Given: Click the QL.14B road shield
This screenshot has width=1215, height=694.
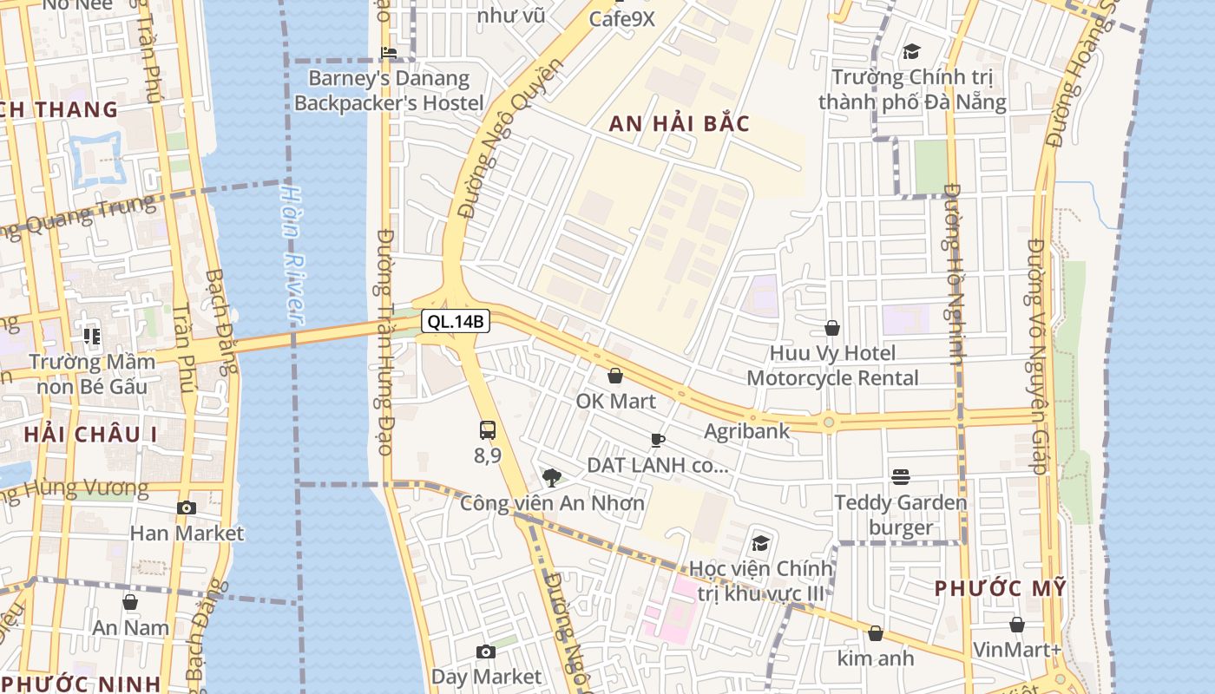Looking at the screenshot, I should click(x=456, y=322).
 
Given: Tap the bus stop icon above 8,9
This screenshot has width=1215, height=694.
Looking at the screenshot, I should click(x=487, y=429).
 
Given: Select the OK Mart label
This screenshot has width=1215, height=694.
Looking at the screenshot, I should click(x=616, y=401).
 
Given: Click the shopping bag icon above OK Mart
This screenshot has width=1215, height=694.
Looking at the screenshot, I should click(x=615, y=376).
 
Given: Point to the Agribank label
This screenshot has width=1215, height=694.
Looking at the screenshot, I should click(x=746, y=430).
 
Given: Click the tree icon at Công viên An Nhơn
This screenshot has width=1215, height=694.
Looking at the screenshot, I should click(x=551, y=477).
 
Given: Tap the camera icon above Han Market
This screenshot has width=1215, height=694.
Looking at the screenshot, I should click(x=186, y=508).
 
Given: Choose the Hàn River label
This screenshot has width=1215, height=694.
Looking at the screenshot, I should click(x=294, y=255).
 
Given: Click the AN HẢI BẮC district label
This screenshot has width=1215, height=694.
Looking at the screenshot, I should click(x=679, y=123).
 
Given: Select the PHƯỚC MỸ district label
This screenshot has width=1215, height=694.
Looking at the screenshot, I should click(x=999, y=588).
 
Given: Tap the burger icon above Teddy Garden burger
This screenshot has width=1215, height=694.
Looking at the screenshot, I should click(x=901, y=477).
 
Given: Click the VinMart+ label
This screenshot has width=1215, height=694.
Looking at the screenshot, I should click(x=1017, y=650).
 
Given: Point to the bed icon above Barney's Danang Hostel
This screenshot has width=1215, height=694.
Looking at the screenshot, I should click(x=389, y=53).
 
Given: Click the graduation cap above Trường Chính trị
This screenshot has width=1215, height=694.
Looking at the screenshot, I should click(x=910, y=51).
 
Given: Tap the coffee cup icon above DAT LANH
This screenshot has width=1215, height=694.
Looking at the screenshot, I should click(x=657, y=440).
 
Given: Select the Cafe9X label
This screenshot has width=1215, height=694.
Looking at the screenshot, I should click(x=621, y=18).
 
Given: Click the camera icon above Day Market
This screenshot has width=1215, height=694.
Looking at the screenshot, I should click(x=486, y=651).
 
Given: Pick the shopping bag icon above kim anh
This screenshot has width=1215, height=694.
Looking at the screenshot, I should click(x=875, y=633).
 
